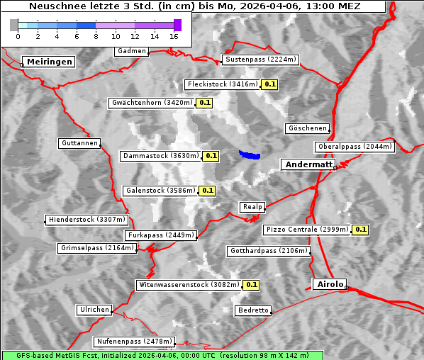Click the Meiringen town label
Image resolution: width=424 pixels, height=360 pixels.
click(x=48, y=62)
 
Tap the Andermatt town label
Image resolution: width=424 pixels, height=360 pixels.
click(x=308, y=164)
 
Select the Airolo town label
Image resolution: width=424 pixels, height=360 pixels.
click(x=330, y=284)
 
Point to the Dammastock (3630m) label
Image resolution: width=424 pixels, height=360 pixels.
click(x=160, y=155)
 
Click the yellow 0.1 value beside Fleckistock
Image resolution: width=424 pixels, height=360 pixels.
click(x=269, y=84)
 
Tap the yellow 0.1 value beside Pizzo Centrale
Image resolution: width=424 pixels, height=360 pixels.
click(x=360, y=230)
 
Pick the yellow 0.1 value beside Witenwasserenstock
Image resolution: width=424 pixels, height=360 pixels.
click(x=252, y=285)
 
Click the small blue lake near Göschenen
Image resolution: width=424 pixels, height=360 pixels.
click(x=250, y=154)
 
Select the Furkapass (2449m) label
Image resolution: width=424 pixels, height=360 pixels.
click(x=160, y=235)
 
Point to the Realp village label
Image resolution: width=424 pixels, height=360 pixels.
click(x=252, y=207)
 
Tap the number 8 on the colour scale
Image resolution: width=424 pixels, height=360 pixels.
click(x=96, y=35)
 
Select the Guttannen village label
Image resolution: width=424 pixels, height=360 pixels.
click(x=79, y=143)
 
